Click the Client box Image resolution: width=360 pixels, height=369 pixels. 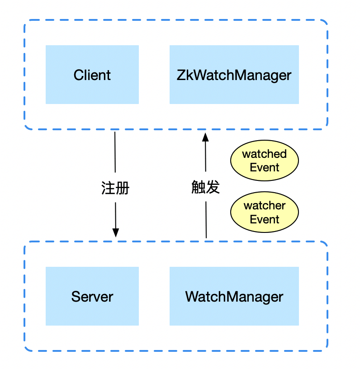(92, 75)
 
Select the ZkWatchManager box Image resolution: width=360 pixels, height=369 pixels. (234, 75)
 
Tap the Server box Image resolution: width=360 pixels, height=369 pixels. (92, 296)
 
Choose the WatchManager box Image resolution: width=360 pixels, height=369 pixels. (234, 296)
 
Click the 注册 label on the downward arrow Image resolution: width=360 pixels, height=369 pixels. (115, 187)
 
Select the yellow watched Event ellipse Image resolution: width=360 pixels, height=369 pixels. (265, 161)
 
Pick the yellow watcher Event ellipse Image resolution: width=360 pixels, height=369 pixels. (265, 213)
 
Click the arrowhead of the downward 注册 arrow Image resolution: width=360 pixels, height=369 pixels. (116, 232)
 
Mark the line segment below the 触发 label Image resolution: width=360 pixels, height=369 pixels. (206, 219)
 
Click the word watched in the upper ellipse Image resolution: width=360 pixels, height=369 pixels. (265, 154)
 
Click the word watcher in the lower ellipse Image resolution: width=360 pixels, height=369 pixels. (265, 206)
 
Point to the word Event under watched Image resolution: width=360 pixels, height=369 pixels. (265, 167)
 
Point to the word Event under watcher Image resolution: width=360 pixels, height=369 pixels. (265, 219)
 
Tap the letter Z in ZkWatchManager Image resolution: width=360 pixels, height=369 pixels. (180, 75)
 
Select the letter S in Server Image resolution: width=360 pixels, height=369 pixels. (76, 297)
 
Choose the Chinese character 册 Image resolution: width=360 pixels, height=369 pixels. (123, 187)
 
